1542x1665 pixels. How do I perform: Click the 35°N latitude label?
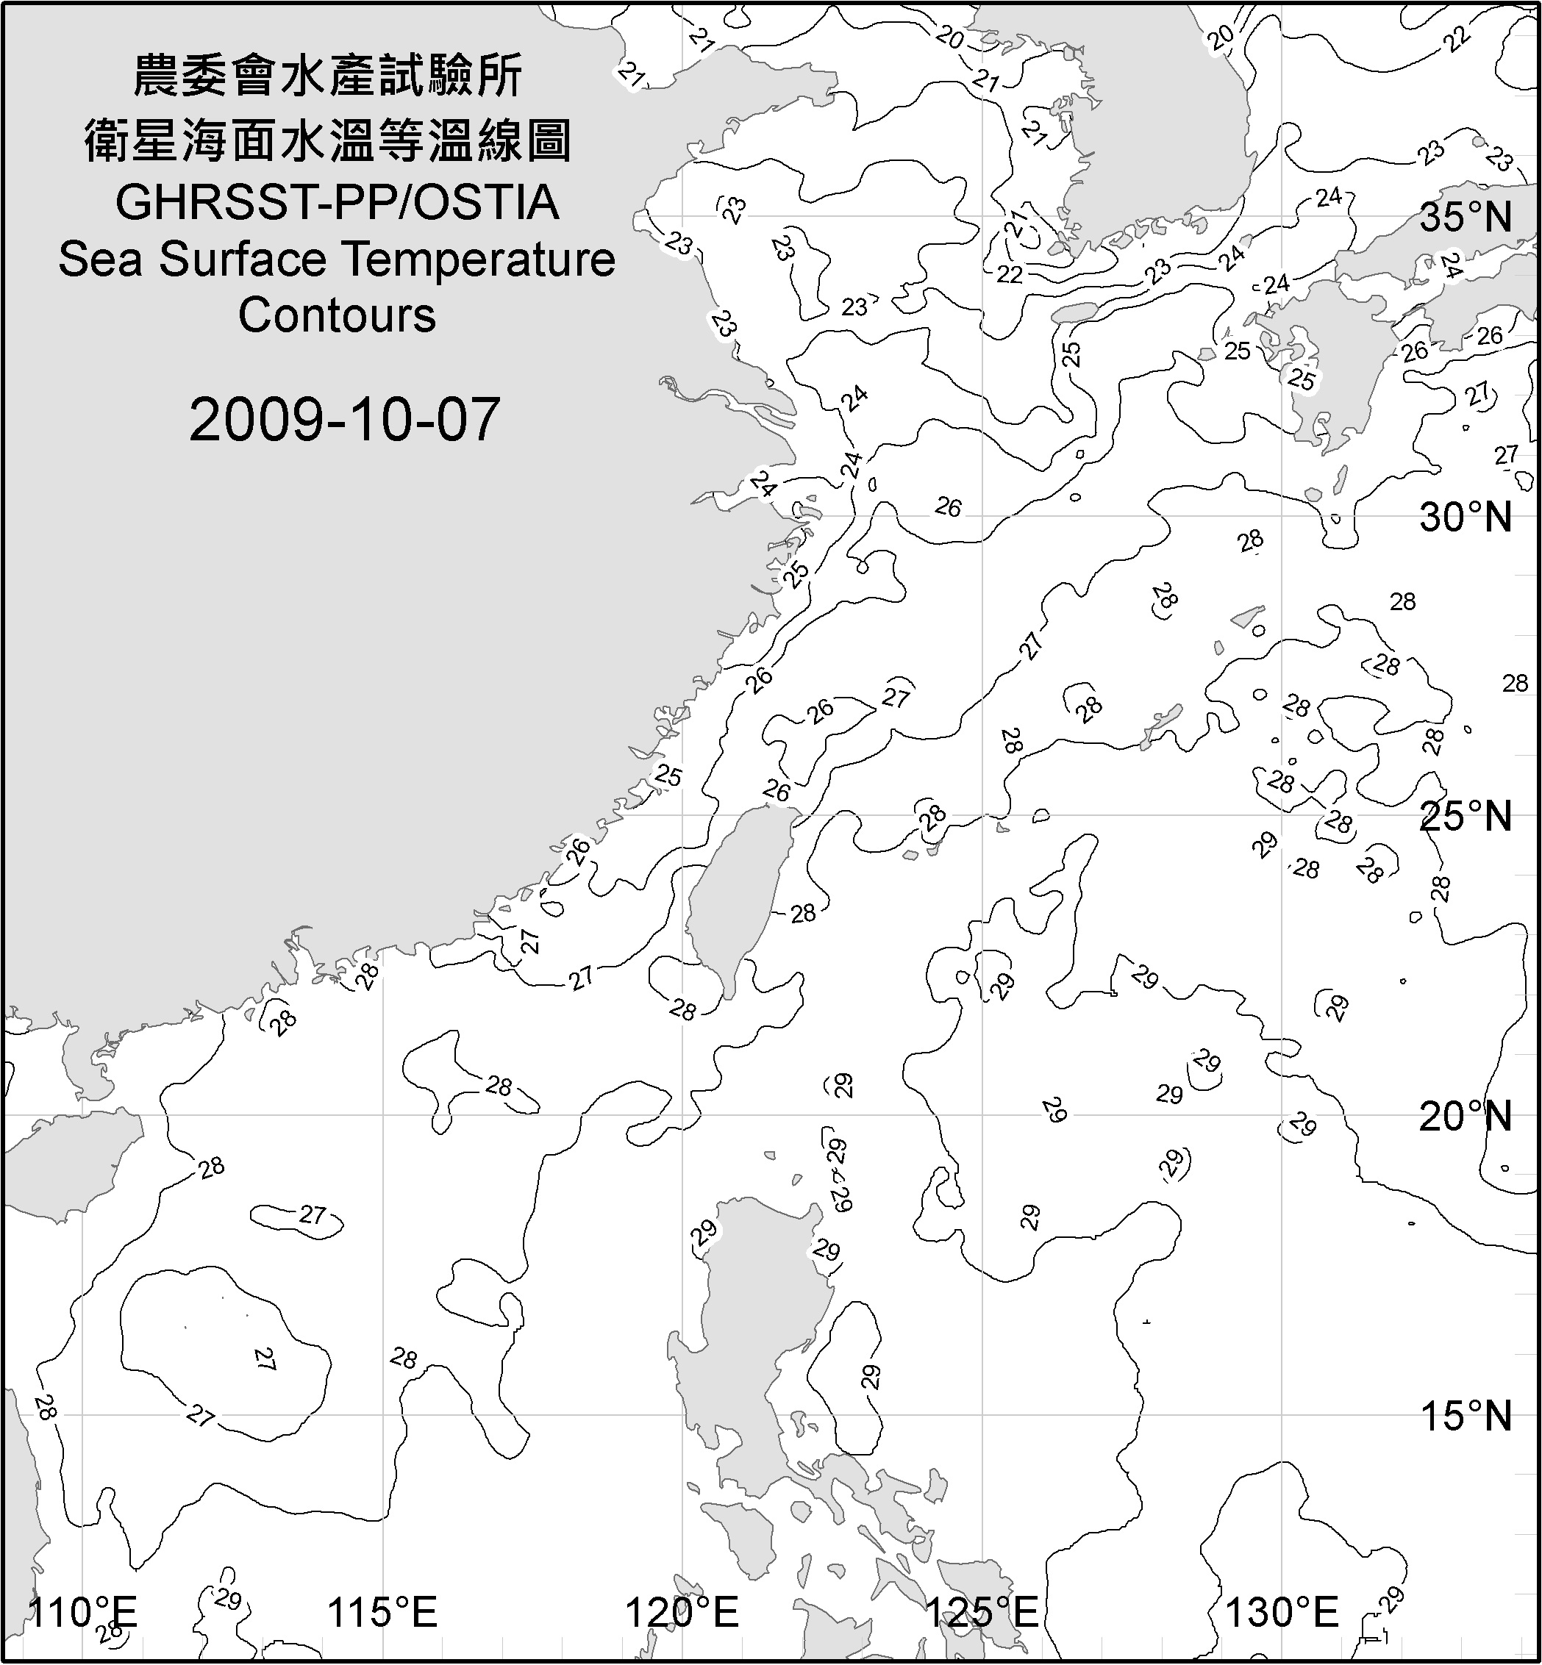pyautogui.click(x=1466, y=218)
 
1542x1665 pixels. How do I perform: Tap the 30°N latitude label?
pyautogui.click(x=1466, y=518)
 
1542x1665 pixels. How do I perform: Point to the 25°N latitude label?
pyautogui.click(x=1466, y=816)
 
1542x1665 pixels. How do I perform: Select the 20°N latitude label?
pyautogui.click(x=1466, y=1116)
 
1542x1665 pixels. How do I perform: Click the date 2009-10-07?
pyautogui.click(x=344, y=420)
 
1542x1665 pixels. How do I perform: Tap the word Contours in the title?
pyautogui.click(x=337, y=315)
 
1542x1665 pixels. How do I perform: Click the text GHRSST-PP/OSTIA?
pyautogui.click(x=337, y=203)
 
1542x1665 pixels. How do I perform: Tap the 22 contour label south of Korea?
pyautogui.click(x=1010, y=274)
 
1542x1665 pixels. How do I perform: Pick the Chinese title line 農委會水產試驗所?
pyautogui.click(x=328, y=76)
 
